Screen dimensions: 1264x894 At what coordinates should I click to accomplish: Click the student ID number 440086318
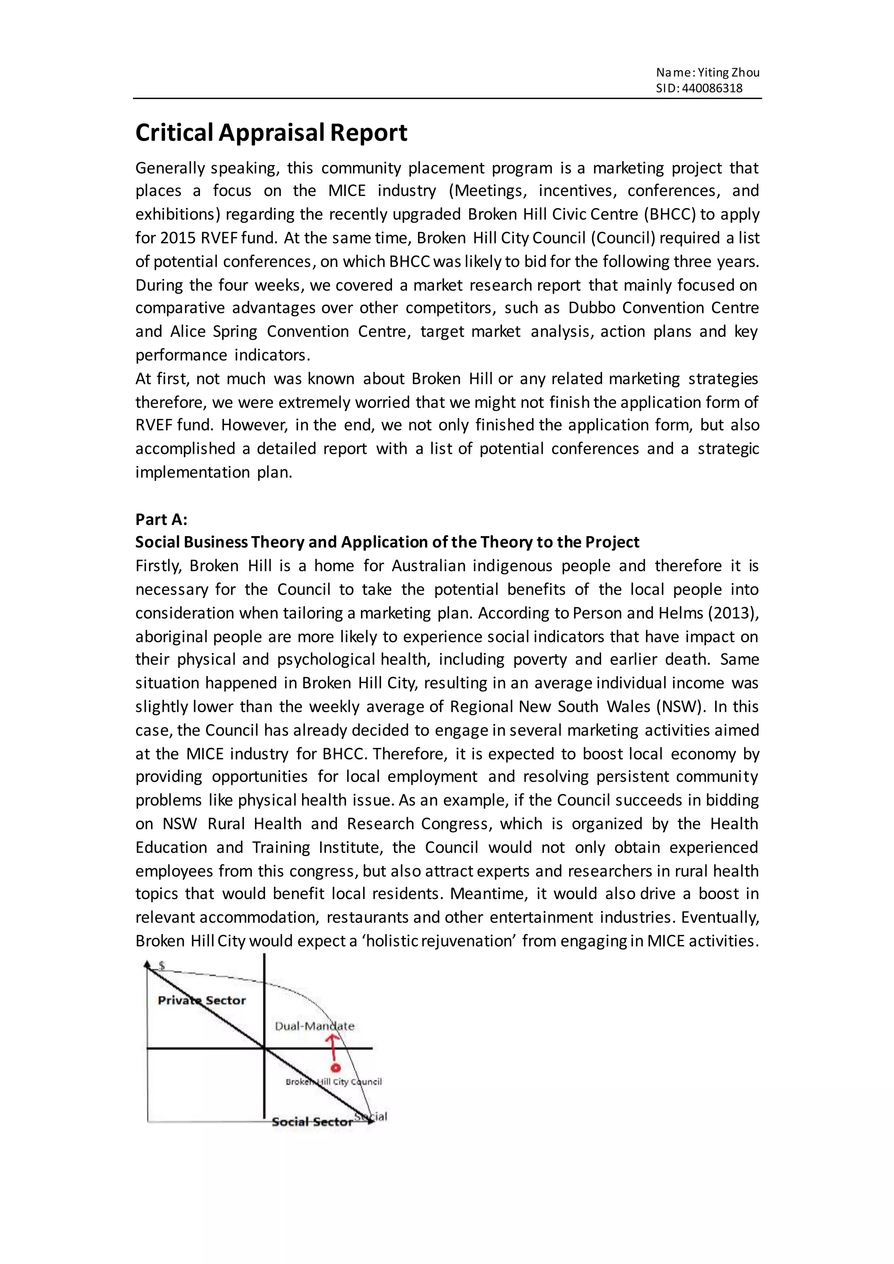712,88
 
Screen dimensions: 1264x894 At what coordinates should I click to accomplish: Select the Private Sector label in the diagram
202,1000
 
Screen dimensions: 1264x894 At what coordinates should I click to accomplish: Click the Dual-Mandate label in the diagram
314,1026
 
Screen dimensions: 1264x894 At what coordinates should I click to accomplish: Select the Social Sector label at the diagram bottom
312,1122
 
